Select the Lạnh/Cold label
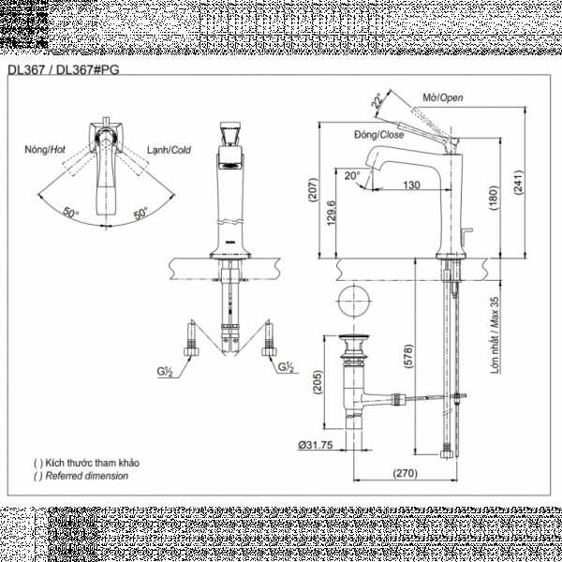170,150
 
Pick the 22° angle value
377,100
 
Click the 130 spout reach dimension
410,185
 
